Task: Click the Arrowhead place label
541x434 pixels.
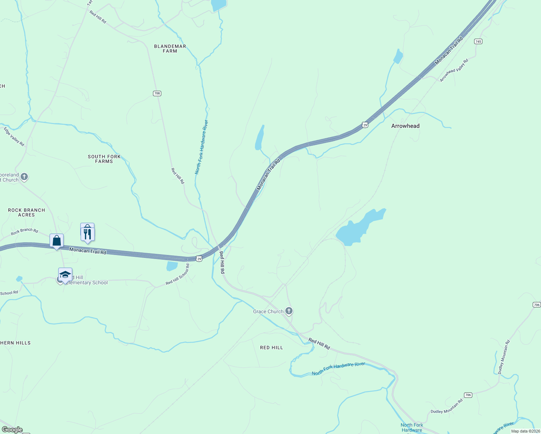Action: coord(405,126)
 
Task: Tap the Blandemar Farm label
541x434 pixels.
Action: coord(170,48)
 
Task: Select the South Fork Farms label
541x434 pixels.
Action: coord(104,159)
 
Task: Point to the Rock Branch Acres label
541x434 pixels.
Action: coord(26,212)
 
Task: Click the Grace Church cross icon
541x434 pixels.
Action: coord(289,311)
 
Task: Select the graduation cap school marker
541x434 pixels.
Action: coord(65,275)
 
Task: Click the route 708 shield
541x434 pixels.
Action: coord(157,93)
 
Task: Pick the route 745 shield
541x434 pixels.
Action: coord(478,42)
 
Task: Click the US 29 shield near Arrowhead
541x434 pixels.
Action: coord(365,125)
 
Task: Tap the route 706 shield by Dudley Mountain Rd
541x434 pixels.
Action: coord(468,395)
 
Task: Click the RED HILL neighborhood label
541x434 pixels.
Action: coord(272,348)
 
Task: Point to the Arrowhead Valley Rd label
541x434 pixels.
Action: coord(454,70)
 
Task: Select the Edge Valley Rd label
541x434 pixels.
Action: coord(14,136)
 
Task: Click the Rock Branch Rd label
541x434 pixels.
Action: coord(24,231)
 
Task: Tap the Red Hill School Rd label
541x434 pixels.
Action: coord(178,275)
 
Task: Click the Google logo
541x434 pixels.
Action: coord(12,430)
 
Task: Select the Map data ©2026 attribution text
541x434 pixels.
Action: coord(525,431)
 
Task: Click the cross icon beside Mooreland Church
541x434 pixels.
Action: coord(24,177)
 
